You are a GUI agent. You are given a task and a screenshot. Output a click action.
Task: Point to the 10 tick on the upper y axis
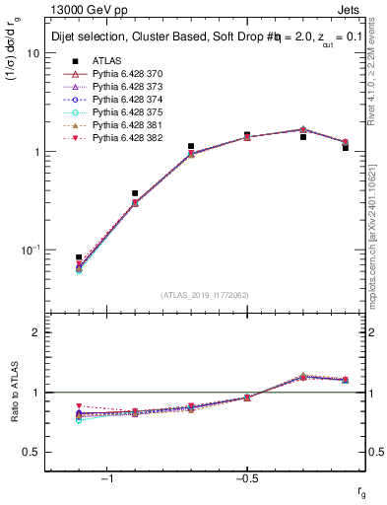tap(32, 53)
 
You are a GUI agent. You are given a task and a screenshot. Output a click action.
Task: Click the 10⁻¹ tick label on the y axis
tap(30, 250)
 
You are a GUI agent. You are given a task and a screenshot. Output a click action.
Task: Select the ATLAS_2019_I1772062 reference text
tap(206, 295)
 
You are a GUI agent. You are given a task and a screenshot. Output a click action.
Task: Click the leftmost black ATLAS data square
tap(79, 257)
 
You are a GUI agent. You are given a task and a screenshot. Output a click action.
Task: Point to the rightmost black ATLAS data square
tap(346, 147)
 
